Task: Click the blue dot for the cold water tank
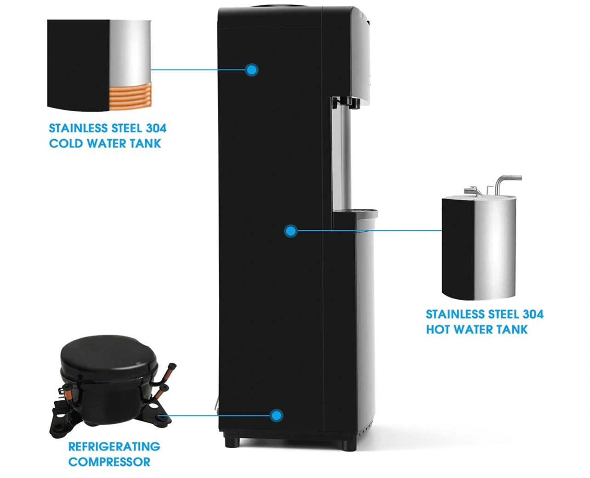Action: [251, 70]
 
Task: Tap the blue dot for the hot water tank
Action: [290, 231]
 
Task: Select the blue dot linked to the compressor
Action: [276, 415]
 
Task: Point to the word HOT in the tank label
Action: [437, 330]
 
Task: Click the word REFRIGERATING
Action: [114, 447]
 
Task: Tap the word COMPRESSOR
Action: [109, 462]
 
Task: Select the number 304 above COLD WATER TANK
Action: [156, 128]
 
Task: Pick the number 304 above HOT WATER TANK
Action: [533, 314]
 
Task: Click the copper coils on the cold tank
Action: [130, 97]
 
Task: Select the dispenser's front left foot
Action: [232, 443]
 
